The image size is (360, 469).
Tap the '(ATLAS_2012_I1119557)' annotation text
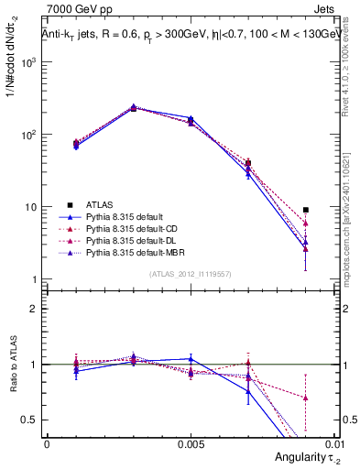[190, 274]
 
